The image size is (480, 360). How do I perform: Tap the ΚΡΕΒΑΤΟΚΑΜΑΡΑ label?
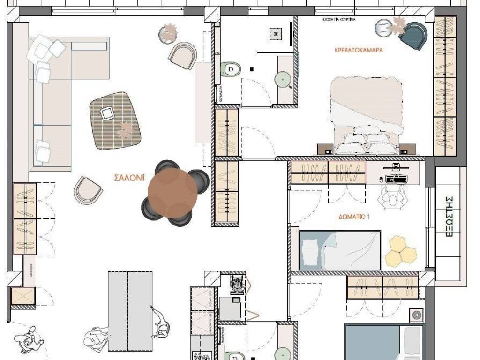click(x=359, y=50)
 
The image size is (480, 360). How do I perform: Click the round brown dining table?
click(x=172, y=192)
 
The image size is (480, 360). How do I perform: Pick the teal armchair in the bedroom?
click(x=415, y=35)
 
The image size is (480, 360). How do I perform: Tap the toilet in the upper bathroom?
click(x=230, y=69)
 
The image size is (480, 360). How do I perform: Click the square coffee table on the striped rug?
click(x=108, y=113)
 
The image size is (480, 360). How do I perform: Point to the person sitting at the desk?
click(x=393, y=197)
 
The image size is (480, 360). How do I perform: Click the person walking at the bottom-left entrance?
click(x=28, y=340)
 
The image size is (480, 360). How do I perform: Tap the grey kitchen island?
click(x=130, y=311)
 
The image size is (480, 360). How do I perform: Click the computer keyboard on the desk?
click(x=396, y=179)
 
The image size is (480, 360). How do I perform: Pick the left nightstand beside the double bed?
click(x=325, y=149)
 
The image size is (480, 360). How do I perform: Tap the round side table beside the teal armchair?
click(x=384, y=28)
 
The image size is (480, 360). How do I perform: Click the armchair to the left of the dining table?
click(x=88, y=190)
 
